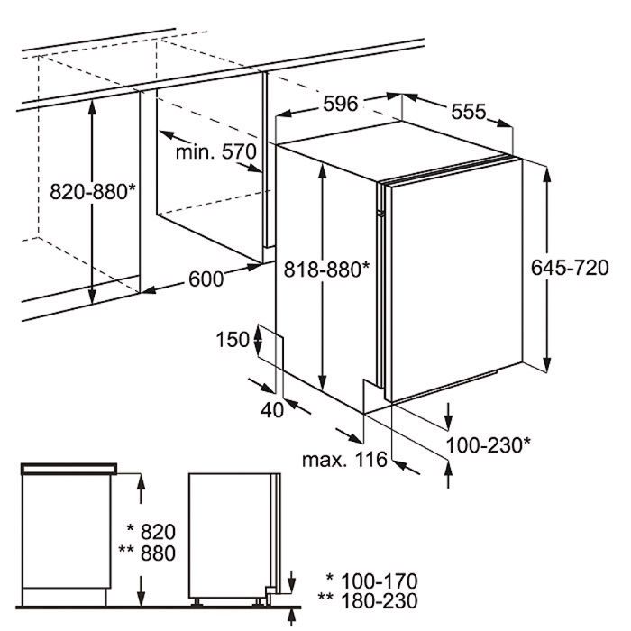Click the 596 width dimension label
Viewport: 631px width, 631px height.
click(340, 104)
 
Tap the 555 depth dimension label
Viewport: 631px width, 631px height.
click(469, 112)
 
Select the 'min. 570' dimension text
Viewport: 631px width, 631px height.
click(216, 152)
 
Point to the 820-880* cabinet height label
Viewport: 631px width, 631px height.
click(93, 191)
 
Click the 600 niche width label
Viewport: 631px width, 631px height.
click(206, 279)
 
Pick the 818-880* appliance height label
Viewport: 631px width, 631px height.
click(326, 270)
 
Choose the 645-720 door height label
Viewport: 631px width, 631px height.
click(570, 268)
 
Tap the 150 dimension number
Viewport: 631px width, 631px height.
click(233, 339)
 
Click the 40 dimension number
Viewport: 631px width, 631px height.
click(272, 410)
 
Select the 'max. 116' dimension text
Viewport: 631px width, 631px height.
click(344, 459)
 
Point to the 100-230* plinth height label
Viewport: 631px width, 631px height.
click(489, 445)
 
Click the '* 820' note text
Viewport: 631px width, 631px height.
click(151, 532)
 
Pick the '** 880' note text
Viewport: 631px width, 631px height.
click(147, 553)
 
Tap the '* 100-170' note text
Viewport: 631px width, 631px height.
click(371, 581)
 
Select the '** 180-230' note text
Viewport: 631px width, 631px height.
click(368, 601)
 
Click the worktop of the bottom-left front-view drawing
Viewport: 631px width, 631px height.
click(69, 469)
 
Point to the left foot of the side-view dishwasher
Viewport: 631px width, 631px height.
click(197, 601)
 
